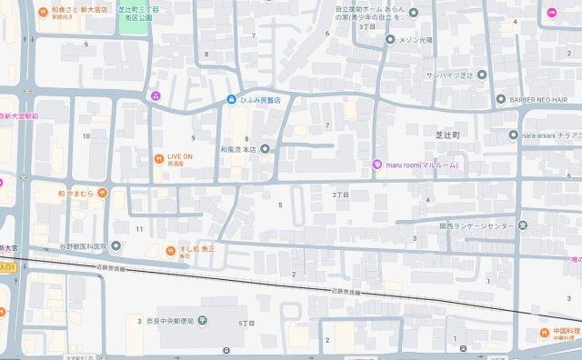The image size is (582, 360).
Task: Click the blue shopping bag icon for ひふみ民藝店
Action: point(233,99)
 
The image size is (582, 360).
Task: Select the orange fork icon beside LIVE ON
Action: point(158,157)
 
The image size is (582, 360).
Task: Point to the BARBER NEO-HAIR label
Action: point(543,99)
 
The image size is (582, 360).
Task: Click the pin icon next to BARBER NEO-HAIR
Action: point(500,99)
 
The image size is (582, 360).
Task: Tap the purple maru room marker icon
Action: point(377,164)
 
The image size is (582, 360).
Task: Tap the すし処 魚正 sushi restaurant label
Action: point(192,248)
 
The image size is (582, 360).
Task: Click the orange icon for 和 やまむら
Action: point(103,193)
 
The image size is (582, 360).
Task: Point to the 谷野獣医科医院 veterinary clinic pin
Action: point(115,246)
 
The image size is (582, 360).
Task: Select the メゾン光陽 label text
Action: point(422,39)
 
